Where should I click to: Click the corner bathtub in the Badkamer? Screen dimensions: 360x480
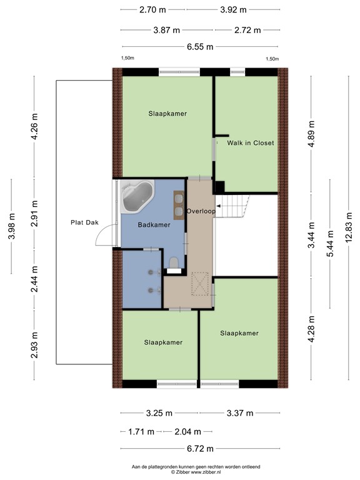pos(137,196)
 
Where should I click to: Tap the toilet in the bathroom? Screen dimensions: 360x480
pos(174,263)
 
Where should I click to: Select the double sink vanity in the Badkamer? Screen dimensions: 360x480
pos(179,205)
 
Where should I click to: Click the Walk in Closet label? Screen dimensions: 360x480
pos(251,143)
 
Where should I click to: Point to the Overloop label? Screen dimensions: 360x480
pos(201,211)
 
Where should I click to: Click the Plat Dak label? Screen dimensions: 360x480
pos(84,222)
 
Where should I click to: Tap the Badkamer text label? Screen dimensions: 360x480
pos(154,225)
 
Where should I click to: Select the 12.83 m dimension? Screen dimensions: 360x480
pos(349,227)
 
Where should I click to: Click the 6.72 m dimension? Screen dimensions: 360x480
pos(200,449)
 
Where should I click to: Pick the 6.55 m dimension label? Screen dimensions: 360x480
pos(200,47)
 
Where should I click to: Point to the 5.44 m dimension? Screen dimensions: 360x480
pos(330,244)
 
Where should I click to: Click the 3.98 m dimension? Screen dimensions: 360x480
pos(12,226)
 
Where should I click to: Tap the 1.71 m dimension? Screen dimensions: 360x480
pos(141,432)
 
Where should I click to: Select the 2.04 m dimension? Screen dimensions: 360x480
pos(187,432)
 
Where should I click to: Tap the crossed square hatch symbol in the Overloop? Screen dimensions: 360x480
pos(200,284)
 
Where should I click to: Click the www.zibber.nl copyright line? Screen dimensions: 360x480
pos(196,472)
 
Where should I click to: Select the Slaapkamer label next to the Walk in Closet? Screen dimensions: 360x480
pos(167,114)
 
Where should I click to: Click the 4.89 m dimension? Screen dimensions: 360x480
pos(311,134)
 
